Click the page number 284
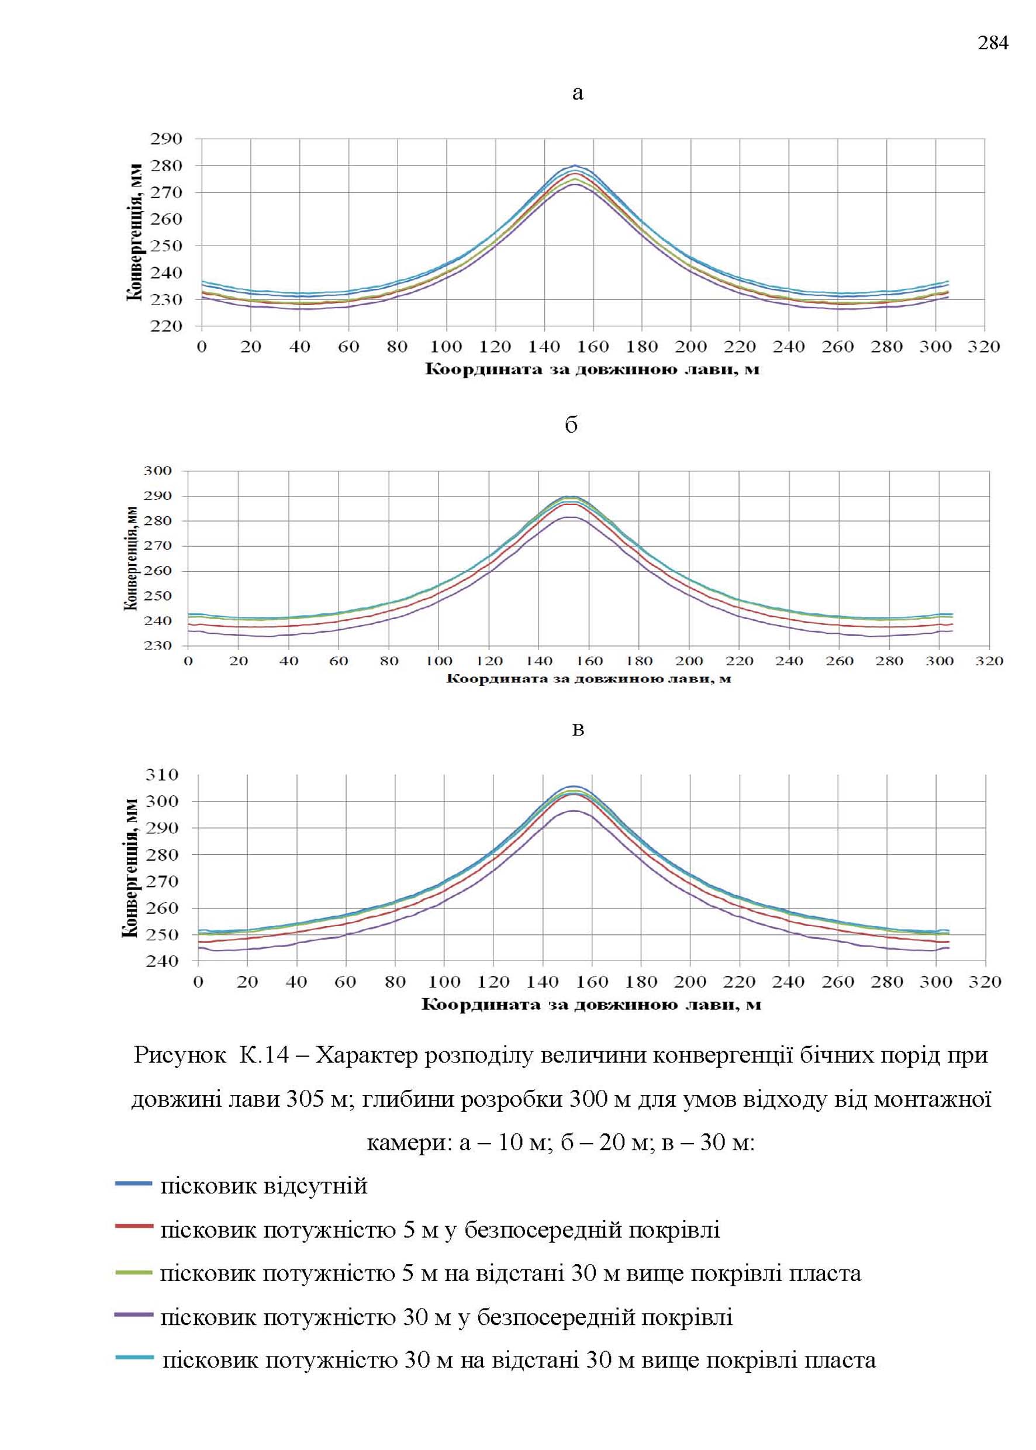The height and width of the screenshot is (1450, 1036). coord(993,43)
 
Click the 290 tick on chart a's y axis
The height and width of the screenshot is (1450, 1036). coord(167,139)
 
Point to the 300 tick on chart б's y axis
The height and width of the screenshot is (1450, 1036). coord(158,471)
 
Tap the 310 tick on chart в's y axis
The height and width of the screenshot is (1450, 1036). coord(162,775)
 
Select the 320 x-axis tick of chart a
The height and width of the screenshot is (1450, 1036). coord(984,347)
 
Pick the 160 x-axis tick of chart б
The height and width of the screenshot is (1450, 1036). coord(589,661)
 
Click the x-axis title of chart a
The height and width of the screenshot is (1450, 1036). coord(593,370)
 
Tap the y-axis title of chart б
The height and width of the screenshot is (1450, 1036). coord(132,558)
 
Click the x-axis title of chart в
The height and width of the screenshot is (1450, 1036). coord(591,1004)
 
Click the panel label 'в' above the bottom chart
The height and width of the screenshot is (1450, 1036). coord(578,729)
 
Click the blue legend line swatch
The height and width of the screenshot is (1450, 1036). coord(134,1183)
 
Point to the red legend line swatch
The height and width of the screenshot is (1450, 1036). coord(134,1226)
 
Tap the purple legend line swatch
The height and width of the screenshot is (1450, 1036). coord(134,1315)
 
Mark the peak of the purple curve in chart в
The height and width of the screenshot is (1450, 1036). coord(574,811)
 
